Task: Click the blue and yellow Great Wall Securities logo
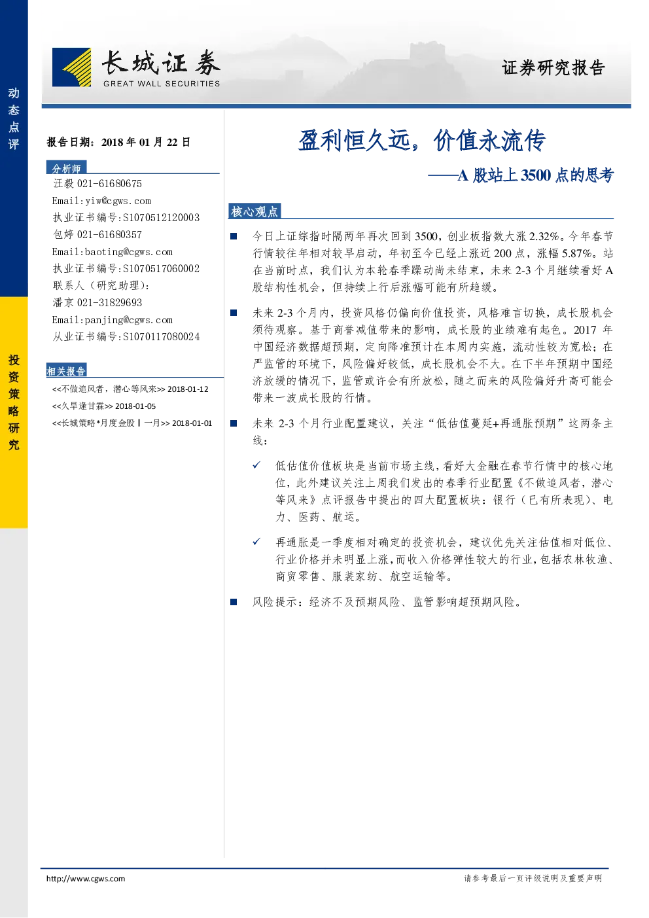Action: (72, 67)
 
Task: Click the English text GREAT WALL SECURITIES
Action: (162, 84)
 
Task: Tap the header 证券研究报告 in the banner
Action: (553, 67)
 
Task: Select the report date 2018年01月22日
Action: (146, 142)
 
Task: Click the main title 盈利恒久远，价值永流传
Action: (421, 141)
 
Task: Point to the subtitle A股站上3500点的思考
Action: (536, 175)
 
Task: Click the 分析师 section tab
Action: (66, 168)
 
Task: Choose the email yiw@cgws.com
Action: (118, 201)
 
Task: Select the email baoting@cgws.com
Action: (129, 252)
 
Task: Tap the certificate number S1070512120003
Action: (161, 217)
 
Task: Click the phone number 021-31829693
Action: (109, 302)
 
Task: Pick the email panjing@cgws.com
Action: (129, 320)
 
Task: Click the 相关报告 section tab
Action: (66, 370)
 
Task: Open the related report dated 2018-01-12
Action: (130, 389)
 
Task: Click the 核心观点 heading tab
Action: (254, 211)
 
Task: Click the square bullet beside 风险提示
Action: (234, 601)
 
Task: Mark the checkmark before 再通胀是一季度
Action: (256, 542)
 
